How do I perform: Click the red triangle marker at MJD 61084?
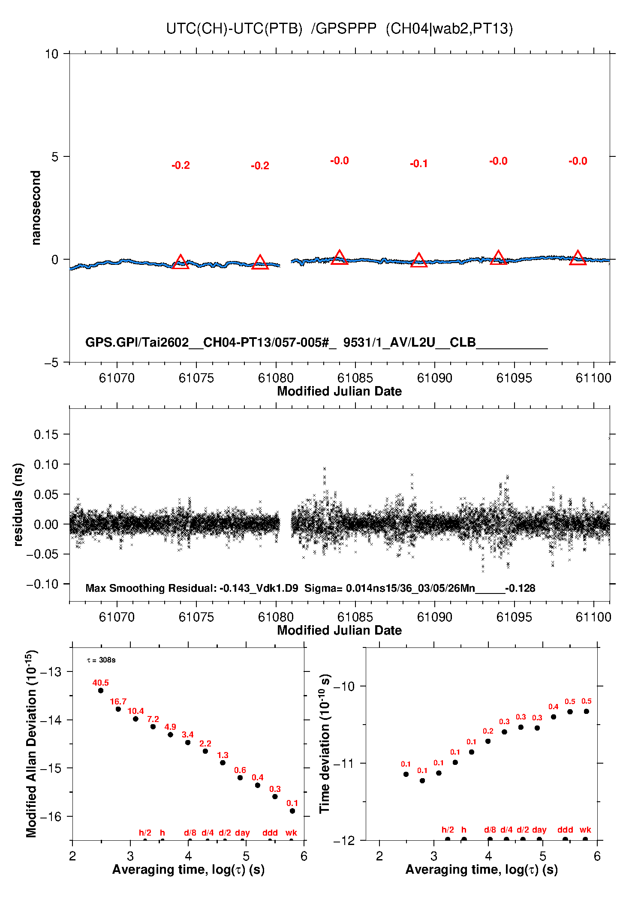pyautogui.click(x=339, y=258)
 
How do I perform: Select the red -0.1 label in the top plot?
pyautogui.click(x=419, y=164)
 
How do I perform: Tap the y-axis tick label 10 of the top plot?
pyautogui.click(x=51, y=54)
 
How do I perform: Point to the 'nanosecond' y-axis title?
pyautogui.click(x=36, y=208)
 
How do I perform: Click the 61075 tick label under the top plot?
pyautogui.click(x=196, y=378)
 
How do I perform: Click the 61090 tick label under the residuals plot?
pyautogui.click(x=434, y=617)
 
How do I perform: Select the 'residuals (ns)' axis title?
pyautogui.click(x=18, y=504)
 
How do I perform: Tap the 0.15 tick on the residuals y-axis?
pyautogui.click(x=46, y=435)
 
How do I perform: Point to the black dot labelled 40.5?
pyautogui.click(x=101, y=690)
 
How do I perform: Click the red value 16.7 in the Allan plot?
pyautogui.click(x=118, y=701)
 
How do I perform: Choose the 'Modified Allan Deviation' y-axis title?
pyautogui.click(x=32, y=743)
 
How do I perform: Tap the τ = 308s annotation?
pyautogui.click(x=101, y=660)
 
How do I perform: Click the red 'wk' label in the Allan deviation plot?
pyautogui.click(x=291, y=833)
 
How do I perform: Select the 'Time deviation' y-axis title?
pyautogui.click(x=325, y=743)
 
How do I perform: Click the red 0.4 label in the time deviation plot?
pyautogui.click(x=553, y=707)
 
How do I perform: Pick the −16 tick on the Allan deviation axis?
pyautogui.click(x=51, y=817)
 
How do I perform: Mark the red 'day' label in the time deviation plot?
pyautogui.click(x=539, y=830)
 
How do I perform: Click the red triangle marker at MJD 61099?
pyautogui.click(x=578, y=258)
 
